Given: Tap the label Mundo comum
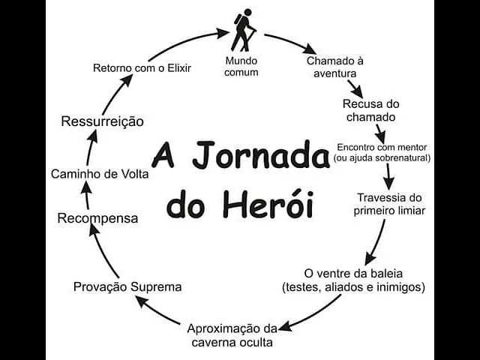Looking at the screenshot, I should [241, 66].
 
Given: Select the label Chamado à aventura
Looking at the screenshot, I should [334, 67].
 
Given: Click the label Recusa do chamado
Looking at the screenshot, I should [369, 110].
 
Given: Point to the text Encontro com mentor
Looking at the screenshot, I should [382, 147].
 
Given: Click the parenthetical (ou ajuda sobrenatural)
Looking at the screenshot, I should [382, 158].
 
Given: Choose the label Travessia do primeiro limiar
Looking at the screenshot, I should [389, 204].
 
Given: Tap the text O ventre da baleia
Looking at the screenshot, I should [353, 273].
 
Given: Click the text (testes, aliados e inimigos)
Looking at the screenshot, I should [353, 286].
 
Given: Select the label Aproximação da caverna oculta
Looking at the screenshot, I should [231, 335].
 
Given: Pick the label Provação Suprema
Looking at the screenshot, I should [127, 286].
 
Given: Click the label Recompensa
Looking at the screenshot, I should [98, 218].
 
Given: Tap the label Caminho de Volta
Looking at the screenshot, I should [100, 174].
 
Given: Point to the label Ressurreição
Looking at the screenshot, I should [103, 121].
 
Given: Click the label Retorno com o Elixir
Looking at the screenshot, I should [142, 68].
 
